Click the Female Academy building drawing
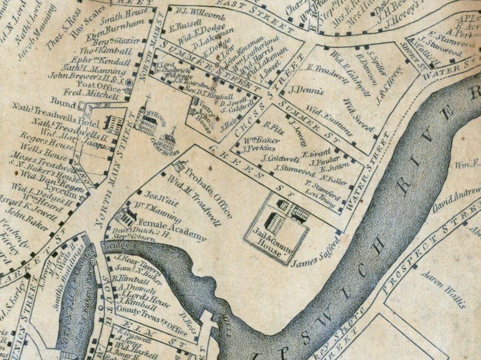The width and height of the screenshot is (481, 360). (x=126, y=217)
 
